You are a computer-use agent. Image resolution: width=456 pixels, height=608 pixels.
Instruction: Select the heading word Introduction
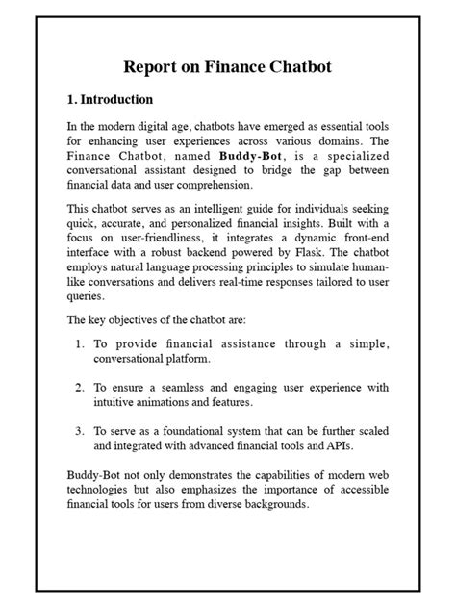[x=116, y=99]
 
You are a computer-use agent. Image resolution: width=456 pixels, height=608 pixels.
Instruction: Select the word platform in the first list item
[x=182, y=359]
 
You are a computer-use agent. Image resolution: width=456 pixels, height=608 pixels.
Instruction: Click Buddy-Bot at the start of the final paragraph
[x=97, y=476]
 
